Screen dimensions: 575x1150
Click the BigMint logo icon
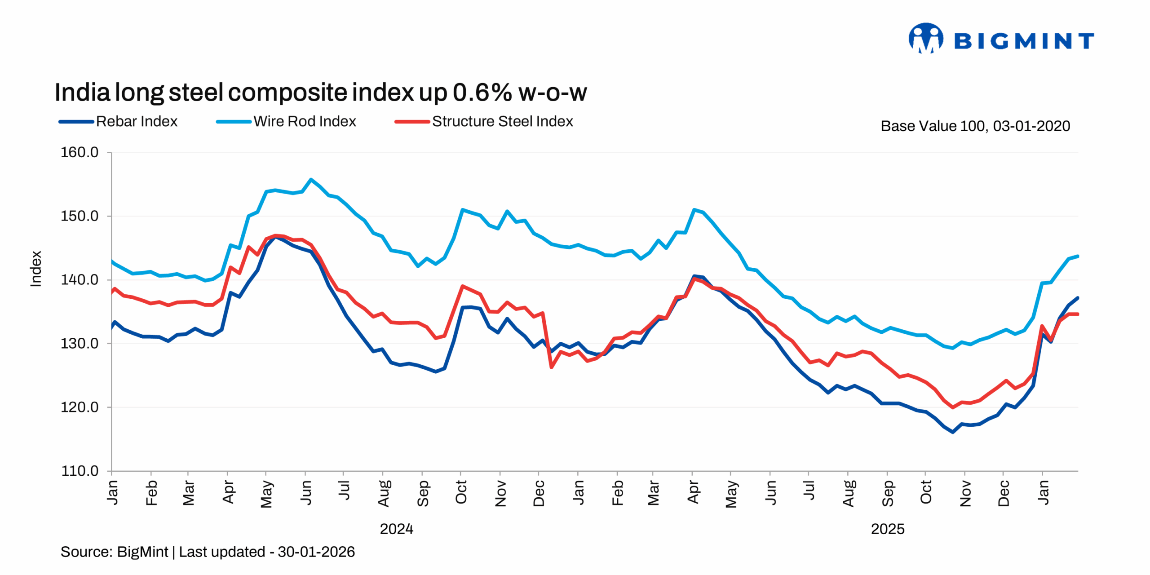click(x=925, y=38)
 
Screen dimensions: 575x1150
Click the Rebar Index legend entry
click(x=118, y=121)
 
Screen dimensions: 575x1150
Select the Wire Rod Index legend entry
click(x=286, y=121)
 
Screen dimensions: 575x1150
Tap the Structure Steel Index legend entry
click(x=484, y=121)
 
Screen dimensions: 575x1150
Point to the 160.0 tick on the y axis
click(x=80, y=152)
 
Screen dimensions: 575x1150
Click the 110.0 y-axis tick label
click(x=80, y=471)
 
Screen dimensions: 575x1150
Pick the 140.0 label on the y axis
click(x=80, y=279)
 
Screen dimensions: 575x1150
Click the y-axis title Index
click(x=36, y=269)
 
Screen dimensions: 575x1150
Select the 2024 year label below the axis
click(x=396, y=529)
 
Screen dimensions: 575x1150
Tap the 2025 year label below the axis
click(x=887, y=529)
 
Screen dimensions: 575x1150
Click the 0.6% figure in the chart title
click(x=482, y=93)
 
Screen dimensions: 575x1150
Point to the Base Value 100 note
click(x=975, y=126)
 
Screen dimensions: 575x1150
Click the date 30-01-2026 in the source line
click(x=316, y=552)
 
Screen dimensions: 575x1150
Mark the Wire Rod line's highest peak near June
click(x=311, y=179)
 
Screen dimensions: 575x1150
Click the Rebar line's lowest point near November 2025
click(x=953, y=432)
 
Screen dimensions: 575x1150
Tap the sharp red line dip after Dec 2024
click(x=552, y=367)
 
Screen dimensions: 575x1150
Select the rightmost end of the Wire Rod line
click(x=1078, y=256)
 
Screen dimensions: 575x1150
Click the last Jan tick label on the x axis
click(x=1043, y=492)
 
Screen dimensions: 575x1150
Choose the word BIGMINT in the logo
click(x=1024, y=41)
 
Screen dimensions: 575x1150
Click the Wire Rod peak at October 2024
click(x=462, y=209)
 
